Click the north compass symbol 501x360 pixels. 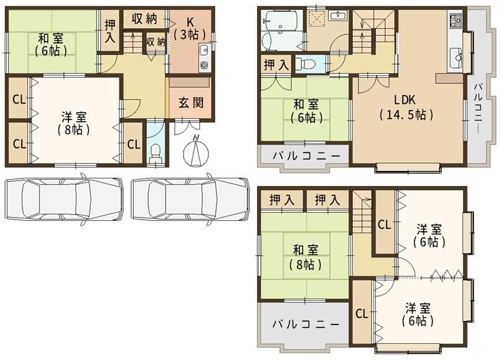click(x=195, y=152)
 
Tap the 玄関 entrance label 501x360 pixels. click(x=190, y=103)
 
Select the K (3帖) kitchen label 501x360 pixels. click(x=190, y=28)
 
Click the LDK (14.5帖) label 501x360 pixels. click(x=406, y=107)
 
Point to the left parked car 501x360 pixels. click(x=63, y=199)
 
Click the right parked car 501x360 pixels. click(x=190, y=199)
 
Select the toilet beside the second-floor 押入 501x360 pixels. click(x=304, y=64)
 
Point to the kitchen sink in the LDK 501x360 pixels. click(x=457, y=57)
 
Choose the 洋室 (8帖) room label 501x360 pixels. click(x=74, y=123)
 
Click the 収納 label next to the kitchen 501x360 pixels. click(x=145, y=19)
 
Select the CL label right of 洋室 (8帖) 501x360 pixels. click(x=134, y=145)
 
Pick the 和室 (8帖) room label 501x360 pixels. click(x=306, y=257)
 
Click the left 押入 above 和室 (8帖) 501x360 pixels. click(x=282, y=200)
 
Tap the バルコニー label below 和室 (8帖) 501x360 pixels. click(x=306, y=324)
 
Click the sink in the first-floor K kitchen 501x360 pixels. click(x=204, y=50)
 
